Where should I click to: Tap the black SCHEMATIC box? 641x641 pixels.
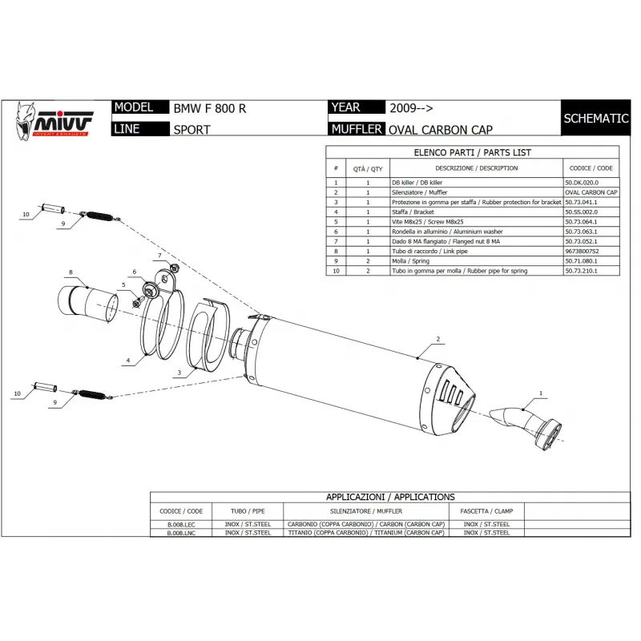(x=595, y=118)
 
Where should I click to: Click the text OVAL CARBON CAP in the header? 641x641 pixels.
(x=440, y=130)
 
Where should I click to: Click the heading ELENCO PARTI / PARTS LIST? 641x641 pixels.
(x=472, y=152)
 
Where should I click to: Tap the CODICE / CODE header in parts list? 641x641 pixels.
(x=591, y=168)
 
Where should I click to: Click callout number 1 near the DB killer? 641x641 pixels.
(x=540, y=393)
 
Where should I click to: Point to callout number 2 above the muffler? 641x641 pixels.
(x=439, y=340)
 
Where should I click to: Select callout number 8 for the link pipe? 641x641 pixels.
(x=71, y=272)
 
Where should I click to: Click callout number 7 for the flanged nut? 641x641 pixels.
(x=159, y=256)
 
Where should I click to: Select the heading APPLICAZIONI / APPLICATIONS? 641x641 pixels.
(x=390, y=497)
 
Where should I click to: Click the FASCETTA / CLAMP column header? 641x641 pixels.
(x=486, y=510)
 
